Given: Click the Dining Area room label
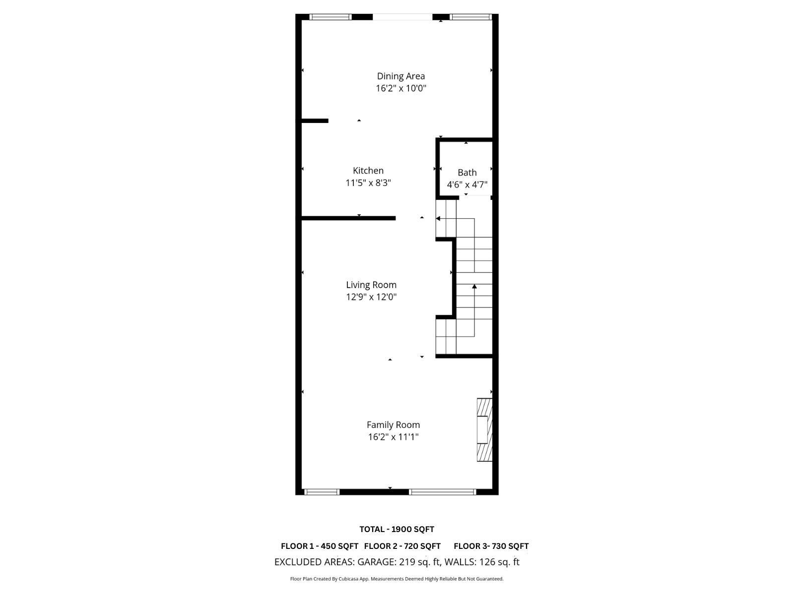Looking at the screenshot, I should coord(400,76).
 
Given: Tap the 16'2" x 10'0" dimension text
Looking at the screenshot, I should coord(400,89).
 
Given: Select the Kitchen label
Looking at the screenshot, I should coord(368,171).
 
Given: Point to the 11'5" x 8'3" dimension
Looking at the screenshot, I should coord(368,183).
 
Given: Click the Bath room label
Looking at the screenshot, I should coord(467,173).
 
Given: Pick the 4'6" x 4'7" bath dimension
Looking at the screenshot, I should coord(467,185).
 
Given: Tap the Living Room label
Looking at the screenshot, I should coord(371,285).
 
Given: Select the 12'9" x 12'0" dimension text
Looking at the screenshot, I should coord(371,297).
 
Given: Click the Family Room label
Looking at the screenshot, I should coord(393,425).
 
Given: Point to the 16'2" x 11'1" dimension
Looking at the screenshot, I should coord(393,437).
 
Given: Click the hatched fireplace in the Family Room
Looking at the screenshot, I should coord(484,430).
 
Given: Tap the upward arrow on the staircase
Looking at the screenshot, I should coord(474,287).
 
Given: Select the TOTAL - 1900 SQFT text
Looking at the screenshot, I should coord(397,529).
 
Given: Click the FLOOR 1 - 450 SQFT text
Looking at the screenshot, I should coord(319,546).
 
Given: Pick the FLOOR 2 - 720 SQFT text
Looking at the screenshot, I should coord(402,546).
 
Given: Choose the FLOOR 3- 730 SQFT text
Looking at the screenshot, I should coord(491,546).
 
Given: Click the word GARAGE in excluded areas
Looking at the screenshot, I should coord(376,562).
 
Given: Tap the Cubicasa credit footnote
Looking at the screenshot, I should coord(397,579).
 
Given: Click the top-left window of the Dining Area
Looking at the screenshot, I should coord(330,17).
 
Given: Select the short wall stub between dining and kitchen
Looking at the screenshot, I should coord(315,120).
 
